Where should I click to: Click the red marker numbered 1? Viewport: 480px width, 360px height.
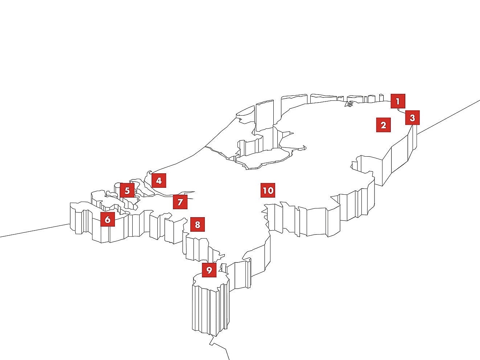(x=398, y=101)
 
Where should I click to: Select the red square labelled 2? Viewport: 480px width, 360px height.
(x=383, y=125)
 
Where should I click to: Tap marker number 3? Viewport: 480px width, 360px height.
(x=412, y=117)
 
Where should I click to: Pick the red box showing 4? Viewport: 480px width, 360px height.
(x=159, y=181)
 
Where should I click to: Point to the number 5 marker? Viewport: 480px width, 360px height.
(x=127, y=190)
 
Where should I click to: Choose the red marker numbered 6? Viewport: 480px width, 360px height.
(x=108, y=219)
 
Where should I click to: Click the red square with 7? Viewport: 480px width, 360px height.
(x=180, y=202)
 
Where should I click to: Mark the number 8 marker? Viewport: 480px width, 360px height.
(x=198, y=224)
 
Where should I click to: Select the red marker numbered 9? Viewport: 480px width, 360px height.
(x=209, y=270)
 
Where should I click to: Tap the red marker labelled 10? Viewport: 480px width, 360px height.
(x=268, y=190)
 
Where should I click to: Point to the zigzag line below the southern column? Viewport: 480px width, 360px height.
(x=219, y=348)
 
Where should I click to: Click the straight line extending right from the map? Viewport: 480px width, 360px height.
(x=448, y=117)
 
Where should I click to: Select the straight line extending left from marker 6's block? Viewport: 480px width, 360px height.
(x=35, y=230)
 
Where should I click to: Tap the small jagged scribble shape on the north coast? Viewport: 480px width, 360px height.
(x=349, y=104)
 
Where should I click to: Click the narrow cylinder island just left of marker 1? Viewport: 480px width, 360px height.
(x=381, y=98)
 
